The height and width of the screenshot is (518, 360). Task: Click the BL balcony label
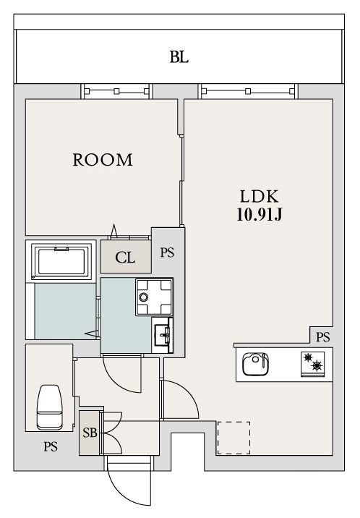pyautogui.click(x=179, y=57)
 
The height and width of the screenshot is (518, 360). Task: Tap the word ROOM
pyautogui.click(x=103, y=160)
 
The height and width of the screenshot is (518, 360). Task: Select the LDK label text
pyautogui.click(x=260, y=197)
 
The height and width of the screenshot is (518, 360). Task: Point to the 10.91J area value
pyautogui.click(x=260, y=215)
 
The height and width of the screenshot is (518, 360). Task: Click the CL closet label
pyautogui.click(x=125, y=258)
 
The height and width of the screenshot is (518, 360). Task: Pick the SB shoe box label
pyautogui.click(x=90, y=433)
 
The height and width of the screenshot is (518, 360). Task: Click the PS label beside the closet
pyautogui.click(x=167, y=252)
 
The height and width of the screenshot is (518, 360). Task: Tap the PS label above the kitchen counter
pyautogui.click(x=322, y=337)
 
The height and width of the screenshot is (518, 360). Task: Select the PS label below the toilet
pyautogui.click(x=51, y=446)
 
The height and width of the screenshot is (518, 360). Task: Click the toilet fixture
pyautogui.click(x=49, y=407)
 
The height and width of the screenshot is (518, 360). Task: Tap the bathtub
pyautogui.click(x=61, y=261)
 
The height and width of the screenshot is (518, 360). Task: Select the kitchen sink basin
pyautogui.click(x=255, y=364)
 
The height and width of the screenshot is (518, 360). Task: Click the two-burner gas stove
pyautogui.click(x=312, y=365)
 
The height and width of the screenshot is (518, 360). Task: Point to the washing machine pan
pyautogui.click(x=154, y=297)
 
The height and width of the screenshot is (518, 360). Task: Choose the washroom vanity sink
pyautogui.click(x=162, y=335)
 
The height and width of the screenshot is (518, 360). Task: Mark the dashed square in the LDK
pyautogui.click(x=233, y=438)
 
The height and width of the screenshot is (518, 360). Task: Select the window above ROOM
pyautogui.click(x=116, y=91)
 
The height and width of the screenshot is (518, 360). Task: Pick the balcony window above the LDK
pyautogui.click(x=248, y=91)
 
